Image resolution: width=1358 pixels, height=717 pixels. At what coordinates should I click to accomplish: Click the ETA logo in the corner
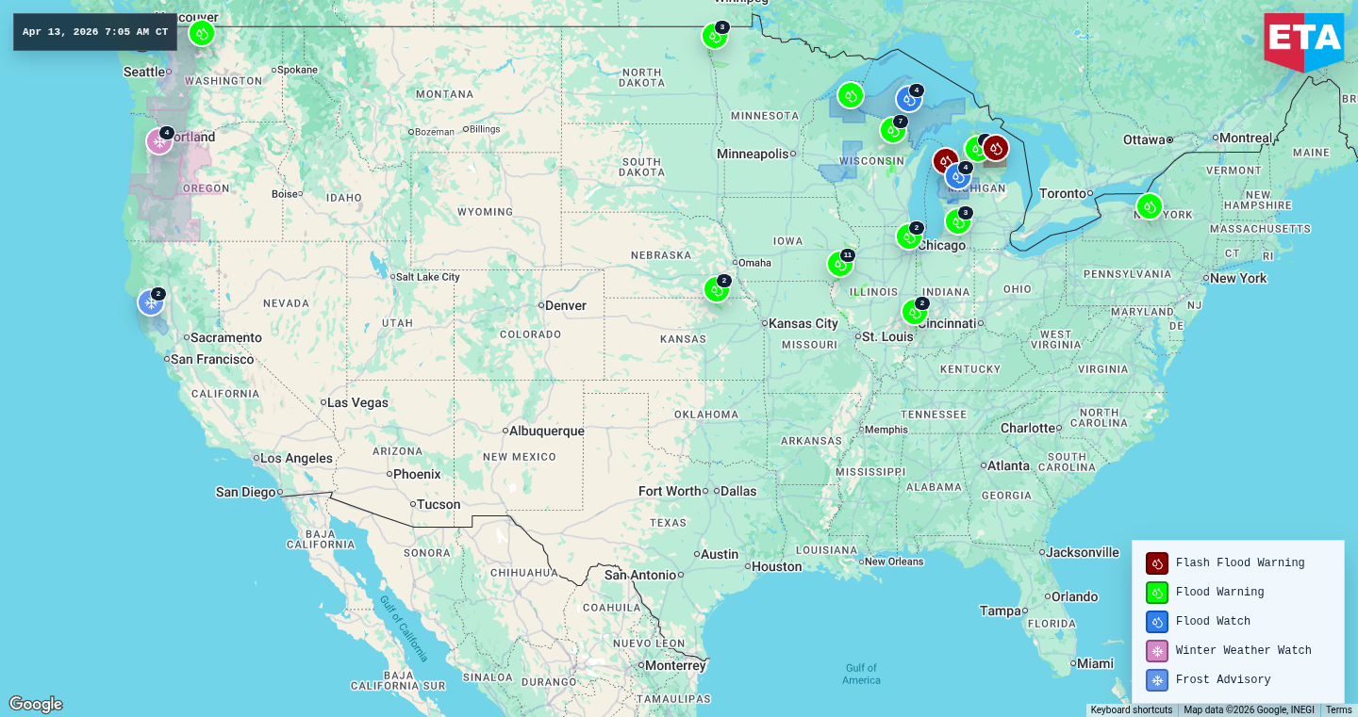pos(1303,40)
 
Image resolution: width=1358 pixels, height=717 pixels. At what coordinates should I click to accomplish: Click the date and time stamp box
pos(95,32)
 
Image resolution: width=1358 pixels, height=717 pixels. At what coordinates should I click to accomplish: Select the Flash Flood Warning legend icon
pos(1157,563)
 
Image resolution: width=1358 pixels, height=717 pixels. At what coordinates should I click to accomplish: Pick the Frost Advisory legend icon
pos(1157,680)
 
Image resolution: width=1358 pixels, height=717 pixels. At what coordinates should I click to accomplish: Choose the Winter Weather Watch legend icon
pos(1157,651)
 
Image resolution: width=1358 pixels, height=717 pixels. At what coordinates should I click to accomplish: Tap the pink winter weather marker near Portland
pos(159,141)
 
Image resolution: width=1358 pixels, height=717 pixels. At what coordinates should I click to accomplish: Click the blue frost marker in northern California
pos(151,302)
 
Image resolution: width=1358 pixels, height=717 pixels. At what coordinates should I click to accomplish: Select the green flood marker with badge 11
pos(839,265)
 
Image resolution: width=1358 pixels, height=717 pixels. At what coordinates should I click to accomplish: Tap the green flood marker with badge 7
pos(892,130)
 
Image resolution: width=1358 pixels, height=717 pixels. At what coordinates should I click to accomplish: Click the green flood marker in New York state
pos(1149,206)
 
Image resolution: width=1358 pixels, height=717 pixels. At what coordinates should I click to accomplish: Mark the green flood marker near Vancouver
pos(201,34)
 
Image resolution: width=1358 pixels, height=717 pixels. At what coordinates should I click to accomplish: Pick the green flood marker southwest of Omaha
pos(717,289)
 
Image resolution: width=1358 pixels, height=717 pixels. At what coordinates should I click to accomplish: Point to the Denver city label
pos(565,305)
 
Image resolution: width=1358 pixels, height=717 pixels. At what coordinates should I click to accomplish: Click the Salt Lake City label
pos(427,277)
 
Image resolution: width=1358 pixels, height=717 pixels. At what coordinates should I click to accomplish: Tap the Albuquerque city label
pos(546,432)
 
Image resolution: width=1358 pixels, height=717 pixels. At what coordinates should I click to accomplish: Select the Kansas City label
pos(803,323)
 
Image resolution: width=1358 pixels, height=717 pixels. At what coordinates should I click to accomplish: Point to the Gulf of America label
pos(861,674)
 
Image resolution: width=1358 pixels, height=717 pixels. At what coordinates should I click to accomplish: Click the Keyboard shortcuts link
pos(1132,710)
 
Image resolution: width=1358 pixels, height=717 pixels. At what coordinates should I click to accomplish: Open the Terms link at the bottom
pos(1338,710)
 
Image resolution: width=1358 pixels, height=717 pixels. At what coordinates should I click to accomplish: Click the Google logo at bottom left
pos(36,705)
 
